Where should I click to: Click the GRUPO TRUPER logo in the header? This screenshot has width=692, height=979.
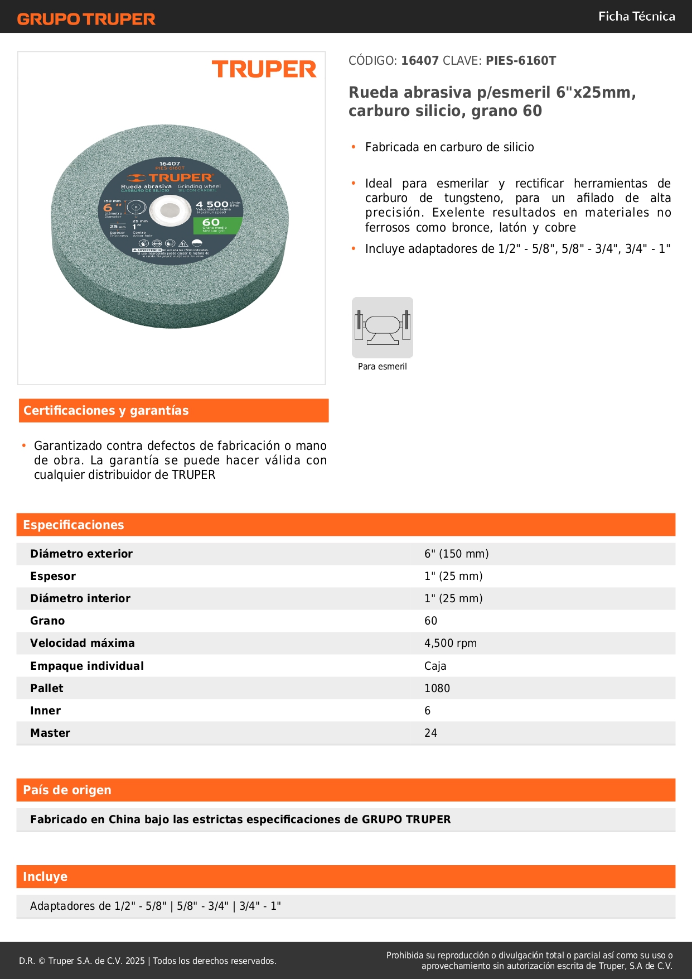pos(86,19)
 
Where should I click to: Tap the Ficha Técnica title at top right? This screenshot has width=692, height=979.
pos(636,17)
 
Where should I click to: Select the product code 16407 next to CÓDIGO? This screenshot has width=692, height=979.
pos(420,61)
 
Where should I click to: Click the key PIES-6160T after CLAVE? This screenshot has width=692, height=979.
pos(521,61)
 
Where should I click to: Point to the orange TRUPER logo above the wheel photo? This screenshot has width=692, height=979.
pos(264,69)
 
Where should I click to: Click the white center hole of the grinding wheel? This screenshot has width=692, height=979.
pos(170,211)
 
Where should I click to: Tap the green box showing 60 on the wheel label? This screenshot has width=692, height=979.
pos(217,225)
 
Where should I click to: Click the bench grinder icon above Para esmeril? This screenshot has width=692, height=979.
pos(383,327)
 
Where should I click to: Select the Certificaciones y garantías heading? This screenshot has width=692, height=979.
pos(106,411)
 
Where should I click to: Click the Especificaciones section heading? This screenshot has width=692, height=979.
pos(74,525)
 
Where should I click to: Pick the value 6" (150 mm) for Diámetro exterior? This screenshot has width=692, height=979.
pos(456,554)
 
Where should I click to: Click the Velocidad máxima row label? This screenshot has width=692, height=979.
pos(83,643)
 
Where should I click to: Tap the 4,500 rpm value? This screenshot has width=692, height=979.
pos(450,643)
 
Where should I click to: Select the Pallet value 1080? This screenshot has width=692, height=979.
pos(437,688)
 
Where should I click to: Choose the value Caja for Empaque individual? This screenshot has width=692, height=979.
pos(435,666)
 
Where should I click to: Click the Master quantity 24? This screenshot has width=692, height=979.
pos(430,733)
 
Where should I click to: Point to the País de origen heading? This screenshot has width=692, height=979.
pos(67,790)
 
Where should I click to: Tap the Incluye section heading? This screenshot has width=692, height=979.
pos(45,877)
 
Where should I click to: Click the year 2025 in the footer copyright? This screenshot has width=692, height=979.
pos(135,961)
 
